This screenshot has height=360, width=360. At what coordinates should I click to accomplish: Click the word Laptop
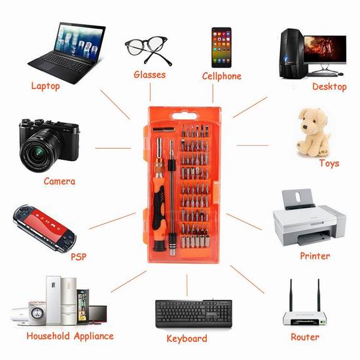pyautogui.click(x=45, y=86)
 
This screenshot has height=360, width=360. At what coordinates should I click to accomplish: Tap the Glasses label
pyautogui.click(x=149, y=75)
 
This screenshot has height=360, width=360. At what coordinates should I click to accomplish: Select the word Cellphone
pyautogui.click(x=221, y=76)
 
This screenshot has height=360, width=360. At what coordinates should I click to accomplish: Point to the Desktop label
pyautogui.click(x=329, y=87)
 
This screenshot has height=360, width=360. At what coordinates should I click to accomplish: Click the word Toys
pyautogui.click(x=329, y=163)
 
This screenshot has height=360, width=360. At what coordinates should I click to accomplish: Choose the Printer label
pyautogui.click(x=315, y=256)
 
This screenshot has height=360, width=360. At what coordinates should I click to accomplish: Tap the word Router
pyautogui.click(x=305, y=337)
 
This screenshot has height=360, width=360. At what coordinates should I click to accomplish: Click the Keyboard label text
pyautogui.click(x=187, y=338)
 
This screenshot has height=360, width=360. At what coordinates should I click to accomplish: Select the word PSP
pyautogui.click(x=79, y=257)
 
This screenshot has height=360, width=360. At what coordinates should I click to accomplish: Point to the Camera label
pyautogui.click(x=60, y=181)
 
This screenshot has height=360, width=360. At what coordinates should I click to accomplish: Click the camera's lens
pyautogui.click(x=39, y=152)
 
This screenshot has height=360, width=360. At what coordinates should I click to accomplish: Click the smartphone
pyautogui.click(x=221, y=48)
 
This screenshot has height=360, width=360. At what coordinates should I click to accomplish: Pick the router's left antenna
pyautogui.click(x=291, y=295)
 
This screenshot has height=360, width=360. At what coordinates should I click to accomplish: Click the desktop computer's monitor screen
pyautogui.click(x=325, y=49)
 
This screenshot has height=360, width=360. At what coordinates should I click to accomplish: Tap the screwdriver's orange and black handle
pyautogui.click(x=159, y=211)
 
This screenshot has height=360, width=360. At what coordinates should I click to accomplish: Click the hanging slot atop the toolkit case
pyautogui.click(x=185, y=116)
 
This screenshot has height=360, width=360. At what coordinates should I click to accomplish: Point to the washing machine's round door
pyautogui.click(x=37, y=314)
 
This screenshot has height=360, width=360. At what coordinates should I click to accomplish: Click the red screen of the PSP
pyautogui.click(x=46, y=223)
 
